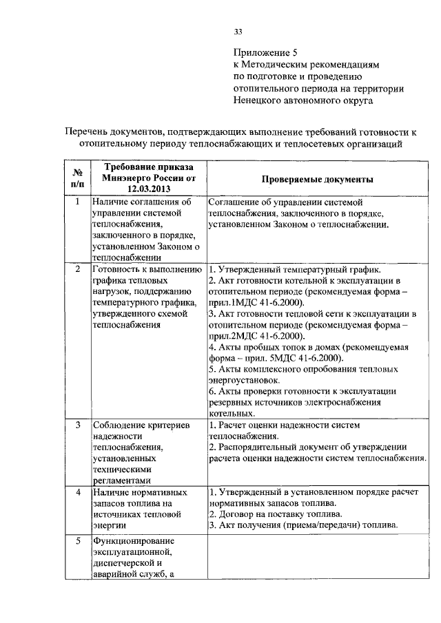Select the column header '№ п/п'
click(x=78, y=178)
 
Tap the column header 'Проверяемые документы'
click(x=318, y=179)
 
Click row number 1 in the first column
click(x=78, y=202)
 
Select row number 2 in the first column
click(x=78, y=268)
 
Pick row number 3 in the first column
click(x=78, y=425)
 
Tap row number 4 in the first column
click(x=78, y=493)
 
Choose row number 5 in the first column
click(x=78, y=541)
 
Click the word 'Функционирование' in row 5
click(x=134, y=540)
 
